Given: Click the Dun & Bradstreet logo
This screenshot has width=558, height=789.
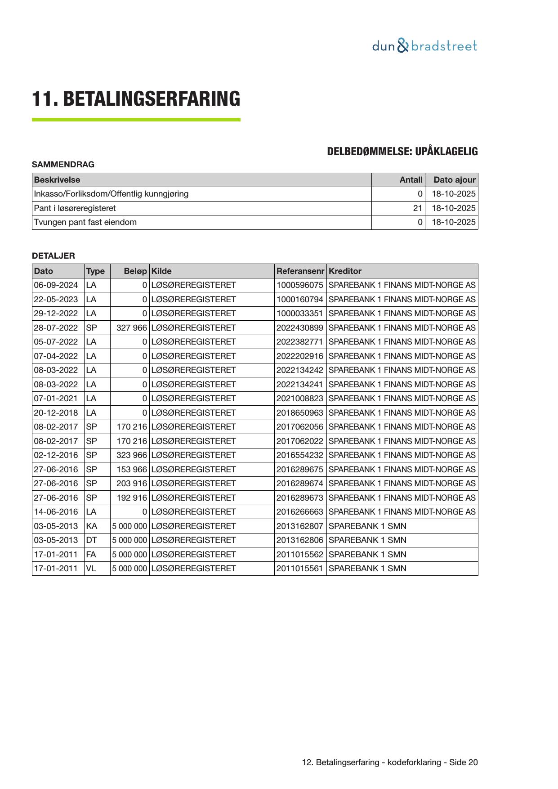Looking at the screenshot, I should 424,46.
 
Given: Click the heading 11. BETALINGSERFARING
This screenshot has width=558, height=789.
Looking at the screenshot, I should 136,99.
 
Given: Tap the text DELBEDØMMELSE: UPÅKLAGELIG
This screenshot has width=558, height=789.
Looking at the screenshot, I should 402,152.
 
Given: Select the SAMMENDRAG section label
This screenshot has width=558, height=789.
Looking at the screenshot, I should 63,165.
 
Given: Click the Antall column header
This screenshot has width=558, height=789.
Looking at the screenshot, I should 411,180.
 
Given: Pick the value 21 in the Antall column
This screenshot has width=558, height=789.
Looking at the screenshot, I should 418,208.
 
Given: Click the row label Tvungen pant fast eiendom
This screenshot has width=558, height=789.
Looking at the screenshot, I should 85,222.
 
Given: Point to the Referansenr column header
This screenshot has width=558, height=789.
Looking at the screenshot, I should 300,271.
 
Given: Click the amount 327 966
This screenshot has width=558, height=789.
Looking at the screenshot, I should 131,328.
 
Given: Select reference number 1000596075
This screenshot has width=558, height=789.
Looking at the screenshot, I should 299,285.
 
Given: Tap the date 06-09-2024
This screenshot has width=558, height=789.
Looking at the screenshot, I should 56,285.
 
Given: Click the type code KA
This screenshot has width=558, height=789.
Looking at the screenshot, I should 91,526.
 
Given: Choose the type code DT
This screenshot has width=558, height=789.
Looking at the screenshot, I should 91,540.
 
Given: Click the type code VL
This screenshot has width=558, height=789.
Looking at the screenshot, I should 91,569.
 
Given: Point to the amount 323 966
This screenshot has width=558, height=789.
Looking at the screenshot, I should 131,455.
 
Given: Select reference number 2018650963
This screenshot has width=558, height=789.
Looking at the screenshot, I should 299,413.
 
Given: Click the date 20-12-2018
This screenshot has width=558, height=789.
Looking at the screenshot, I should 56,413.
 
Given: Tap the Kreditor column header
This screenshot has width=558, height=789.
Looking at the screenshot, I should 345,271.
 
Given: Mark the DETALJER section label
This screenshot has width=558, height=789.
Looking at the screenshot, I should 54,256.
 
